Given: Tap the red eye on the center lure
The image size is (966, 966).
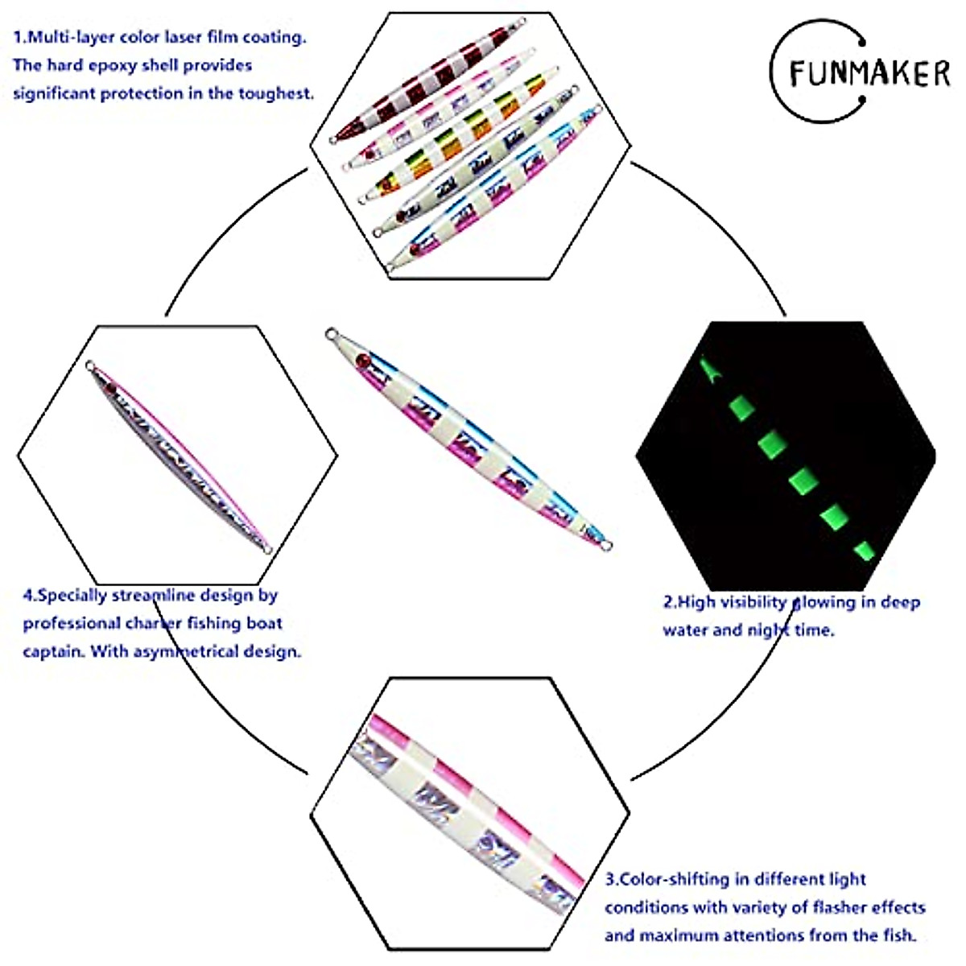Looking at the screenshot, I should click(362, 360).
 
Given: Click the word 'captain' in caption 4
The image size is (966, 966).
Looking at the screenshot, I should click(53, 651).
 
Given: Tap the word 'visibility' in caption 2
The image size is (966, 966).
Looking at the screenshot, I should click(753, 602).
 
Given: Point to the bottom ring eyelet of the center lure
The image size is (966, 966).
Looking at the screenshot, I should click(607, 547).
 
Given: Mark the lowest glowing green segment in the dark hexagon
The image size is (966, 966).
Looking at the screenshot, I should click(862, 555).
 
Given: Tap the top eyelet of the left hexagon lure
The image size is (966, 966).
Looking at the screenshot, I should click(89, 365).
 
